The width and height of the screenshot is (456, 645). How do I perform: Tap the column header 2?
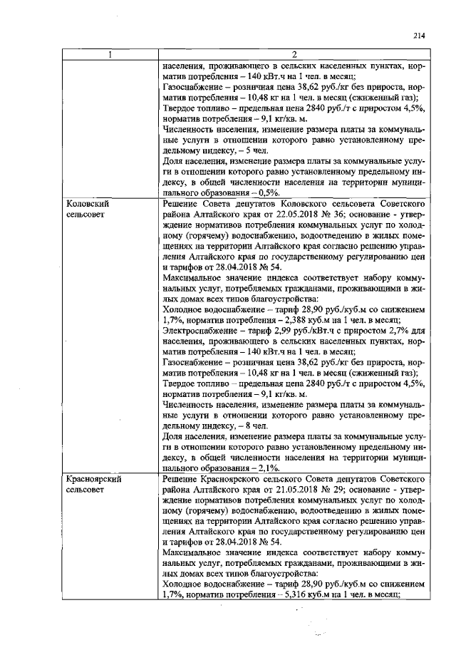[294, 54]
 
